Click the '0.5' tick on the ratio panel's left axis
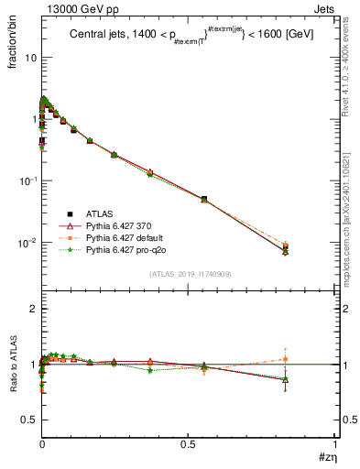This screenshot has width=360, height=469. [x=28, y=420]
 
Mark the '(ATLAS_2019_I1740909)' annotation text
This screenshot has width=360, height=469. [x=189, y=274]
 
